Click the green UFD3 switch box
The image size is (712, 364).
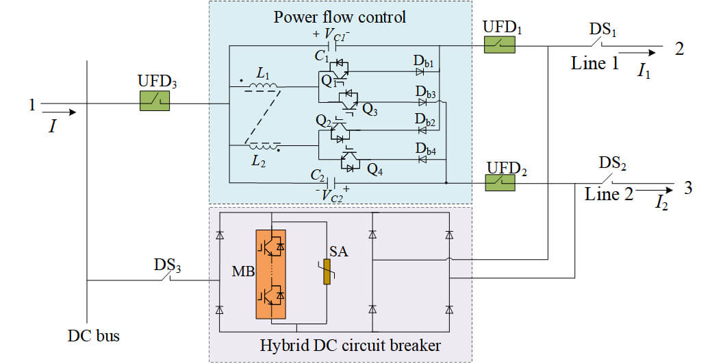(155, 101)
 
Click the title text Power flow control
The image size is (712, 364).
(340, 16)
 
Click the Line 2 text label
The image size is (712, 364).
(609, 194)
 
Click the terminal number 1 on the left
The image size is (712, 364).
(31, 105)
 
